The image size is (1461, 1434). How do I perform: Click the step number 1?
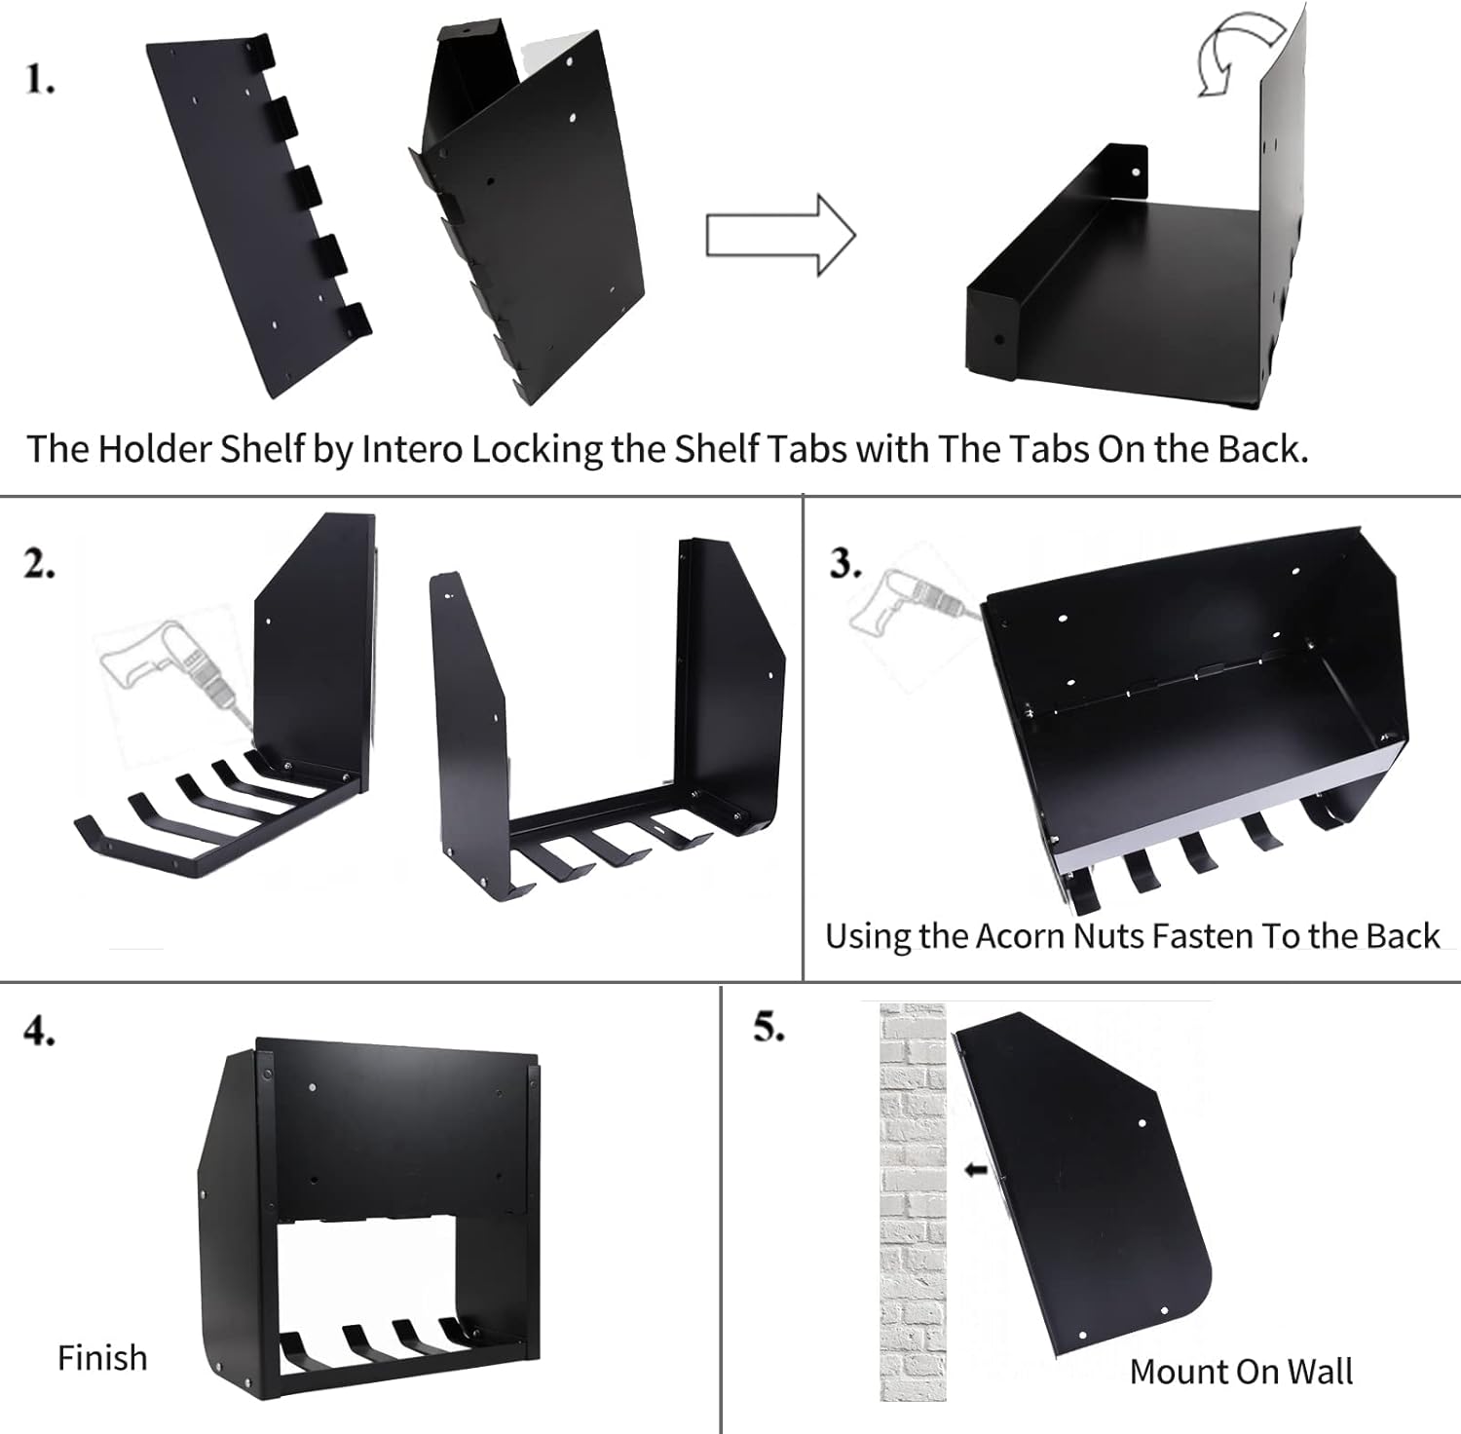[39, 80]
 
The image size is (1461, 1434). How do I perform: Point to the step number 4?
[39, 1031]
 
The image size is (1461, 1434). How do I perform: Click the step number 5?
[769, 1027]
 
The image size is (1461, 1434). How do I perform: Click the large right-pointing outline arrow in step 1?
[780, 236]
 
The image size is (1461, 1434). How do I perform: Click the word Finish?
[102, 1358]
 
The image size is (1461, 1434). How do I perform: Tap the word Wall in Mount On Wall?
[1320, 1372]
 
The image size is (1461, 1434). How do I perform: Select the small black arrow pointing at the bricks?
[975, 1170]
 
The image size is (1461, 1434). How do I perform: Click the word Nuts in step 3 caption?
[1109, 936]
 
